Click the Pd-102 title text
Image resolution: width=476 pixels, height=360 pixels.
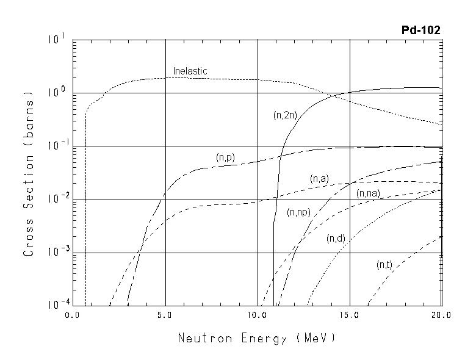[420, 30]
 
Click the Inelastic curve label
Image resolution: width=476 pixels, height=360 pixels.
[190, 71]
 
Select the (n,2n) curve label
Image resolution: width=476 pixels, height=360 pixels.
[285, 115]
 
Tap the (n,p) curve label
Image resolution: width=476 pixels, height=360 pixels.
[225, 157]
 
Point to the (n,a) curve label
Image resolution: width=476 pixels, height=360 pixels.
[319, 179]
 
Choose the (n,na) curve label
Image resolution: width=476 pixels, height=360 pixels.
[368, 194]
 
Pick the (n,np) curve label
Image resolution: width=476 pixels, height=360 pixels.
[298, 212]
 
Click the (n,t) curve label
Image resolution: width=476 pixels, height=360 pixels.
[384, 265]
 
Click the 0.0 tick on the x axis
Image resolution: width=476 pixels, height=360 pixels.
[73, 315]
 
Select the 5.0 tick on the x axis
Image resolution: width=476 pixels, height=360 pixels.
[165, 315]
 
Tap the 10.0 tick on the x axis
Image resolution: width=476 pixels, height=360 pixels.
[258, 315]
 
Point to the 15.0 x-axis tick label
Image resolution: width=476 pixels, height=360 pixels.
[350, 315]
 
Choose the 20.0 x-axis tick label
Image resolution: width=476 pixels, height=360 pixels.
[441, 315]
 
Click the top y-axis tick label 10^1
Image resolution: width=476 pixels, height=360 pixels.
[54, 40]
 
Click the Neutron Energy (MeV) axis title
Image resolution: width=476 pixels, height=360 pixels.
[256, 337]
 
